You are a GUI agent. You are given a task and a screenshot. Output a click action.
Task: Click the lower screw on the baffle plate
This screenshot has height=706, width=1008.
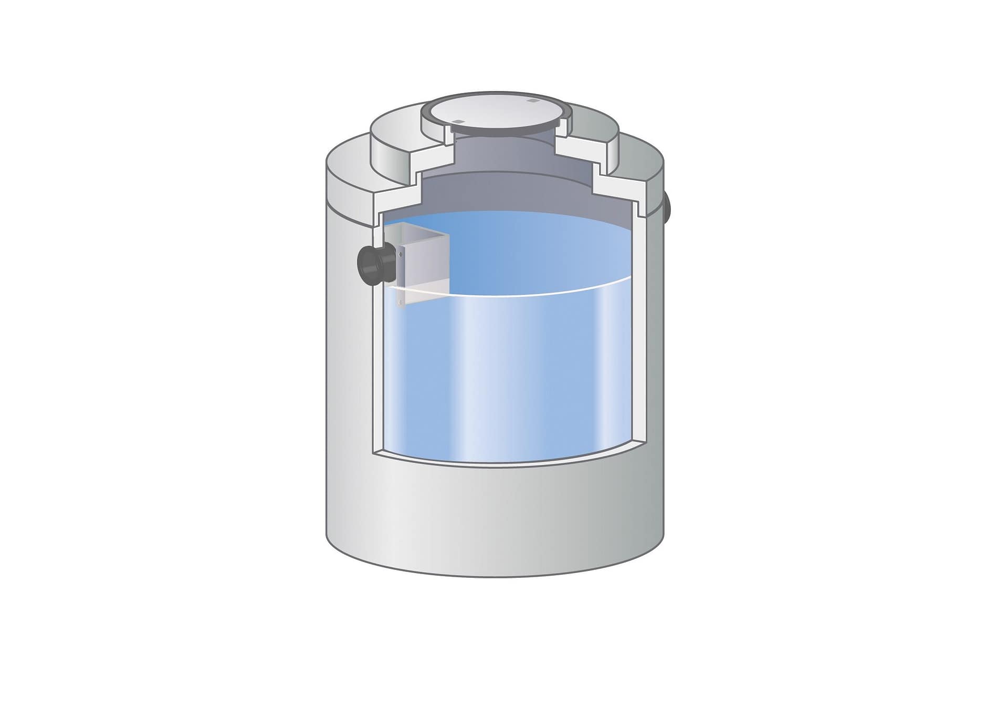401,302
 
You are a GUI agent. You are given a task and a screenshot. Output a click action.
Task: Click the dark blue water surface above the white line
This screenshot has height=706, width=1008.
525,247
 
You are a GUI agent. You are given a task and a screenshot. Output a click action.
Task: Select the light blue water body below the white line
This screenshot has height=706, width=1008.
504,378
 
